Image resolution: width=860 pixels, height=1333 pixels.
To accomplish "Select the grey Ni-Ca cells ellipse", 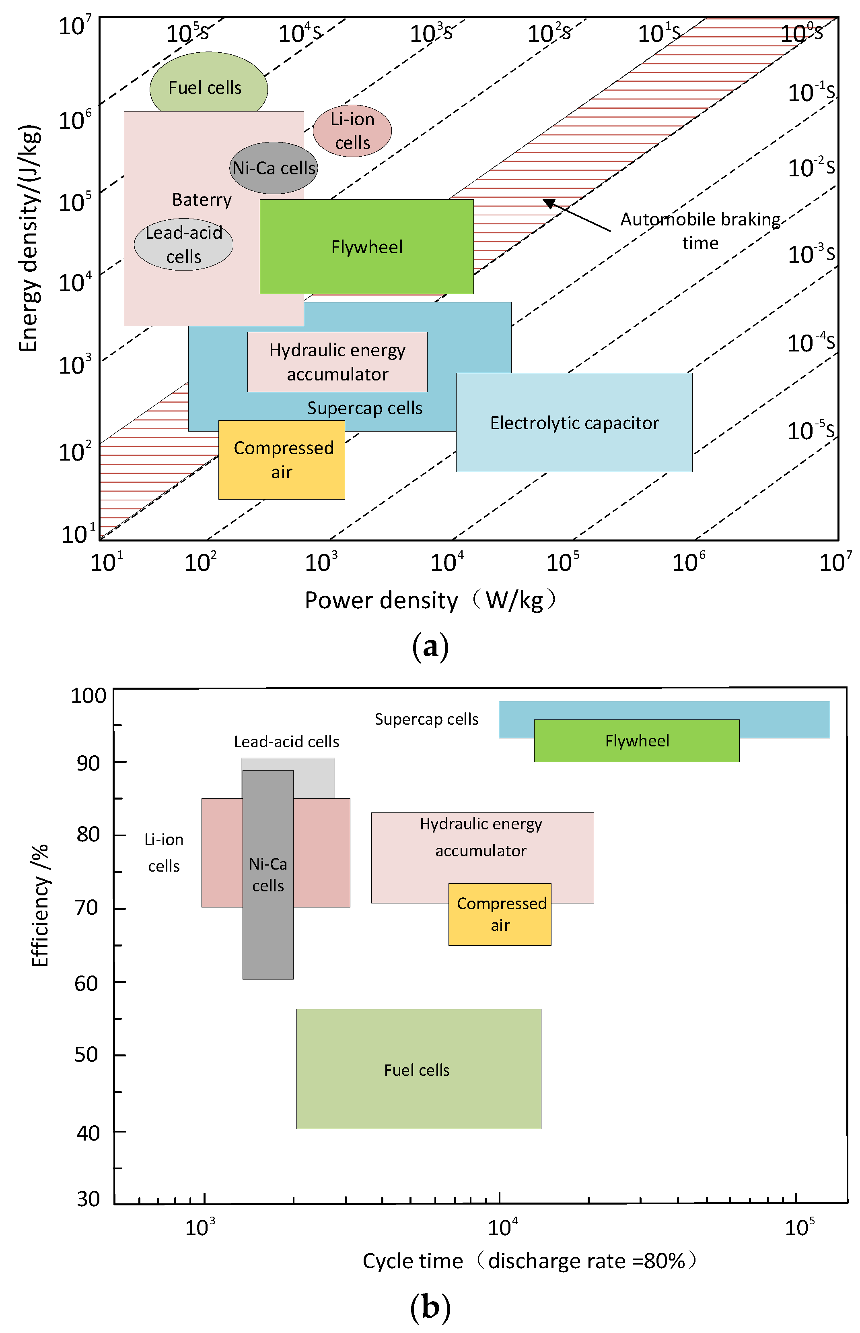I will point(274,167).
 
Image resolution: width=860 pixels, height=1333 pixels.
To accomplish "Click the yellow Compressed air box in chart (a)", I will point(282,459).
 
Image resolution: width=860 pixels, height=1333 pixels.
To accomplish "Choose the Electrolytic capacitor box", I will point(574,423).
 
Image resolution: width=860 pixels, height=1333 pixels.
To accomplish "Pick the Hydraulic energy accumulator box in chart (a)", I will point(337,362).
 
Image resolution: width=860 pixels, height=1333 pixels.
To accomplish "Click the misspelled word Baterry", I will point(202,200).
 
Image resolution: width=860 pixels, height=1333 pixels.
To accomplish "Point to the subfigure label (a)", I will point(430,647).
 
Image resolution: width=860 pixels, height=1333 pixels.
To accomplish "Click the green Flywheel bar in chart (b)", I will point(637,740).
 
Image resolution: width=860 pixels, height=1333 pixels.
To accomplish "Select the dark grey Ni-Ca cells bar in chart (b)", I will point(268,875).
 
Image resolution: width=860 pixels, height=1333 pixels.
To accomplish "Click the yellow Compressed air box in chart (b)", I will point(500,914).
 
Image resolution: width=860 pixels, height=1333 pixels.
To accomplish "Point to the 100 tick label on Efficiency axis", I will point(88,696).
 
